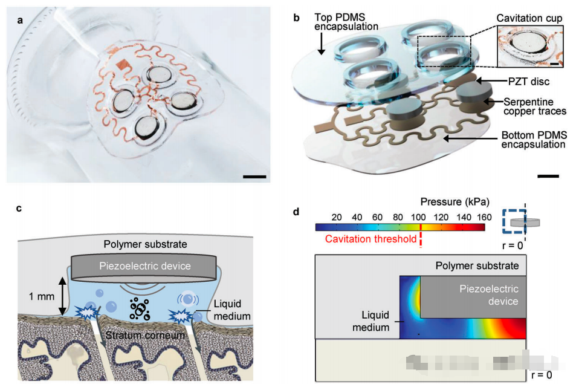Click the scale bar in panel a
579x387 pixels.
254,177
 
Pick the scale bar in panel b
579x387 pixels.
548,176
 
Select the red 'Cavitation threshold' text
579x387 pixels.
371,239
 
